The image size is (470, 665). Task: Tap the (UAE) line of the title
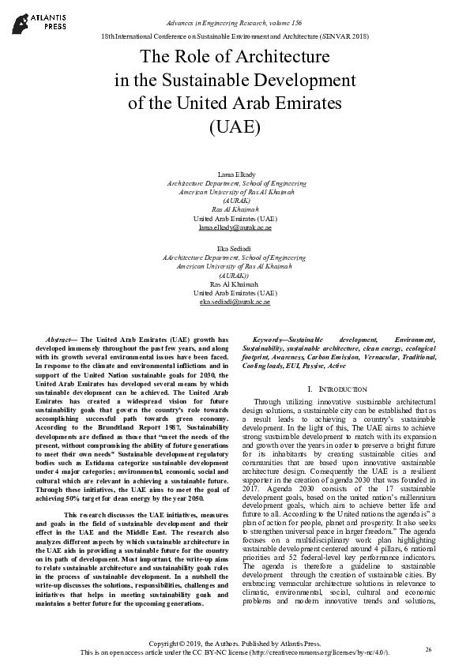click(235, 126)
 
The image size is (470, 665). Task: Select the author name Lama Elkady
click(235, 173)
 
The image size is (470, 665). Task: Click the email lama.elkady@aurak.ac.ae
click(235, 227)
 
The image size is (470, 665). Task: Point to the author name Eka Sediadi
click(235, 249)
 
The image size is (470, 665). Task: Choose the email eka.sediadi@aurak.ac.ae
click(235, 302)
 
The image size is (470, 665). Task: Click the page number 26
click(428, 649)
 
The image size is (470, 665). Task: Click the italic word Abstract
click(59, 338)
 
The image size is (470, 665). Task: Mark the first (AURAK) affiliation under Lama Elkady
click(235, 200)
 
